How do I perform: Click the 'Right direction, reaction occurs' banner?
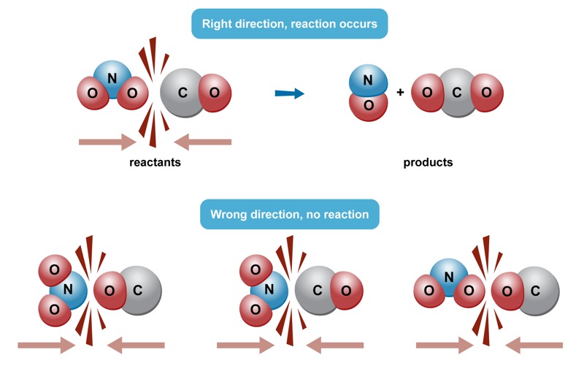click(289, 24)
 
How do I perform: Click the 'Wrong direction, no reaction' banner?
click(289, 215)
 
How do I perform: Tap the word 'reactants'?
click(155, 162)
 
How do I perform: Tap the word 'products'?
click(428, 162)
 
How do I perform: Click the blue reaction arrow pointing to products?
click(289, 93)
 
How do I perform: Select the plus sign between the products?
click(400, 93)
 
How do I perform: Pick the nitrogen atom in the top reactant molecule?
click(112, 77)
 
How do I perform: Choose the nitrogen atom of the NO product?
click(369, 80)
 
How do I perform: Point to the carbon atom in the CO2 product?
click(457, 93)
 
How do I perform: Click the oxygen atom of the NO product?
click(369, 105)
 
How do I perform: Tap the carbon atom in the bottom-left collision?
click(139, 291)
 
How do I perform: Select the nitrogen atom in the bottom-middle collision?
click(269, 290)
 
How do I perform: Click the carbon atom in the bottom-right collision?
click(536, 291)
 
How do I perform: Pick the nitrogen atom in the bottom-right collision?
click(449, 276)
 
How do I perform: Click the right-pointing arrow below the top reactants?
click(107, 142)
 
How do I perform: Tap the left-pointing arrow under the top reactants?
click(204, 142)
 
